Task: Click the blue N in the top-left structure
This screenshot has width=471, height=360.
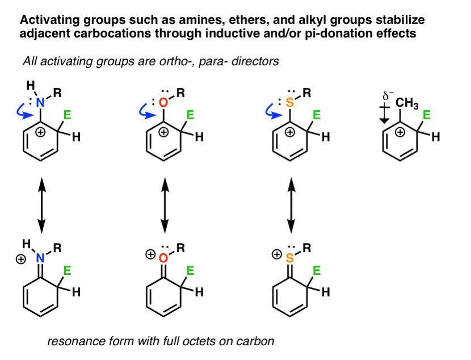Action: pos(40,103)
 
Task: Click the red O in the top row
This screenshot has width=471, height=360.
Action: pos(163,103)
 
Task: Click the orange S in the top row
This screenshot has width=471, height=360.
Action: pos(289,103)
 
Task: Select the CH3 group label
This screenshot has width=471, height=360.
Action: pos(407,103)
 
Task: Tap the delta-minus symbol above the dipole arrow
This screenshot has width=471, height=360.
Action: pos(388,97)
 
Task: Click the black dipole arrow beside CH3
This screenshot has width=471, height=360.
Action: pos(384,115)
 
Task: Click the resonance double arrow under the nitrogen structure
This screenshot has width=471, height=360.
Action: pos(41,205)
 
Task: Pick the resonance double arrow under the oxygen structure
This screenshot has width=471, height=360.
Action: pos(165,205)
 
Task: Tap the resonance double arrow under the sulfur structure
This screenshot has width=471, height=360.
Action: pos(291,205)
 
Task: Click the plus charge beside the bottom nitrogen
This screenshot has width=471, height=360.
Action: pos(21,259)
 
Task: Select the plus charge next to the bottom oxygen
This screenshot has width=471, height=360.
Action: pos(150,255)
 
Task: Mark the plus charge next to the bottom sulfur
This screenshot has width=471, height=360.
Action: pos(277,255)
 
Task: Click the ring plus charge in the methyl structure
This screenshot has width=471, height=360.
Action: pos(400,132)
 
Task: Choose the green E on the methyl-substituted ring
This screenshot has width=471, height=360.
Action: pos(427,115)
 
